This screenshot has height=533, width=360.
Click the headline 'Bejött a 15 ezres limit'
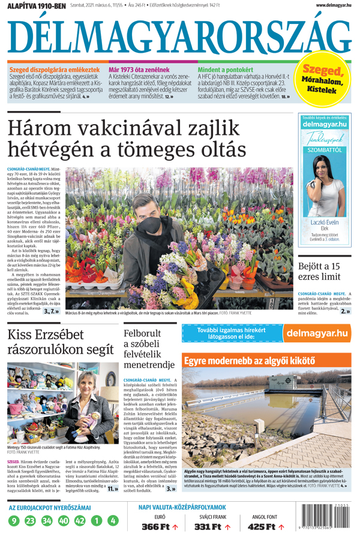tap(323, 272)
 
